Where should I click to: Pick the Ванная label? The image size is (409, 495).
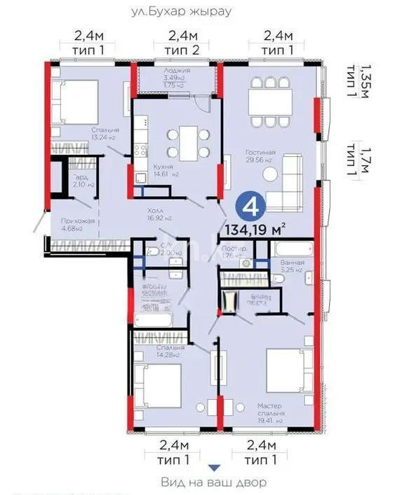(x=292, y=263)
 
